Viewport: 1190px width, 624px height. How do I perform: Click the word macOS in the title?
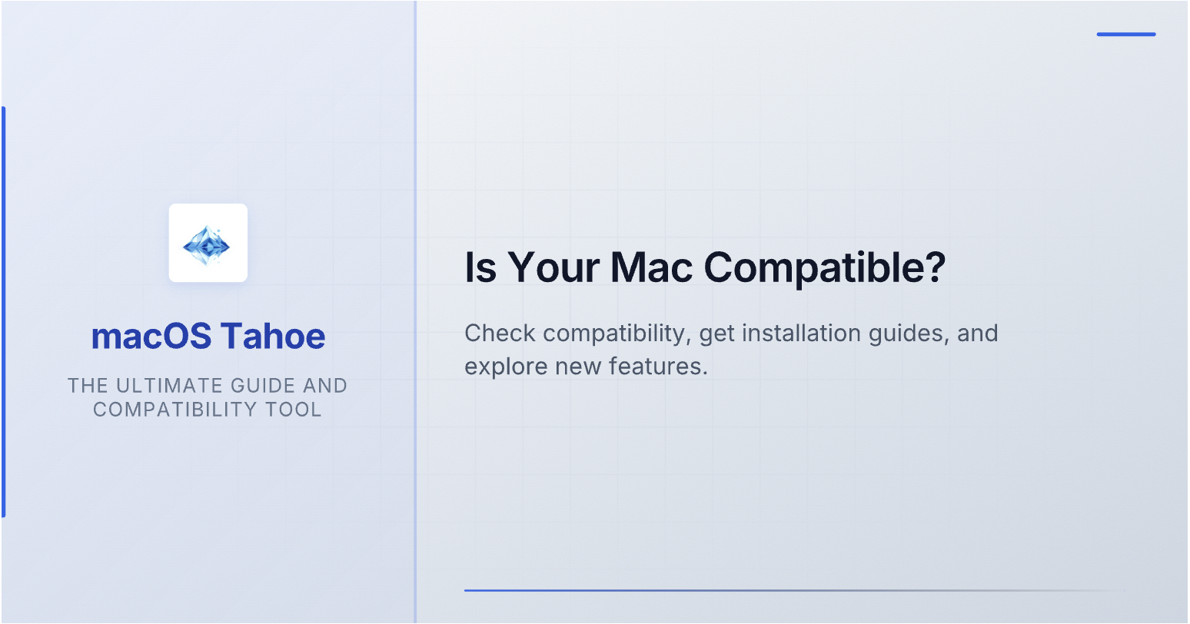pos(151,336)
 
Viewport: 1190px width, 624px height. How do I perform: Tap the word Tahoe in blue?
pos(273,336)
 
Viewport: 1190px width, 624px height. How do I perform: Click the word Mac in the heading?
pos(652,267)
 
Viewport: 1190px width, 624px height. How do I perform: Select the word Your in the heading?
pos(554,267)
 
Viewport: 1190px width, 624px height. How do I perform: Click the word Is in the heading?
pos(480,267)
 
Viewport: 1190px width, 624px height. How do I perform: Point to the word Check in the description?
pos(500,334)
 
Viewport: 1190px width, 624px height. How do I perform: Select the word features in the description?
pos(658,367)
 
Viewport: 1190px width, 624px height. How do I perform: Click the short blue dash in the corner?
pos(1126,35)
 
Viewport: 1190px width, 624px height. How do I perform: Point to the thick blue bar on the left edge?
pos(4,312)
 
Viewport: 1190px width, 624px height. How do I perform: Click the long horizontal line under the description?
pos(794,590)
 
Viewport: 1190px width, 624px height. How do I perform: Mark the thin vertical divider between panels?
pos(415,312)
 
